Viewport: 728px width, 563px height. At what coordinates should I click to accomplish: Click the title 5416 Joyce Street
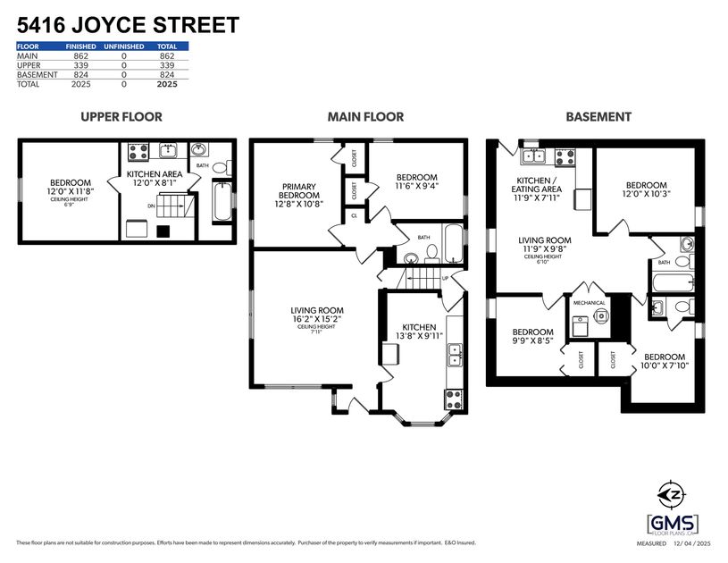128,24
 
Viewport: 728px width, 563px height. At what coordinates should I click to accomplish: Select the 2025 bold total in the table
166,84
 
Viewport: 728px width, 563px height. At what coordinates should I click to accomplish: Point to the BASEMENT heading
598,116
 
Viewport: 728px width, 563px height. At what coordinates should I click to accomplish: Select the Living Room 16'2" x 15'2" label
305,317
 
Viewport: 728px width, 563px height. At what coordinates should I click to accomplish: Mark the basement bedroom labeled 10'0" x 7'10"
665,361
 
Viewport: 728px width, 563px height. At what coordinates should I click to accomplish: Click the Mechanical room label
590,303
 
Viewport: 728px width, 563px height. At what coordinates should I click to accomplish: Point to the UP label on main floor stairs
444,278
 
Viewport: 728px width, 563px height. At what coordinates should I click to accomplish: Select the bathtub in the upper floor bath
222,201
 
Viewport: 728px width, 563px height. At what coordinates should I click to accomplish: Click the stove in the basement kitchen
565,156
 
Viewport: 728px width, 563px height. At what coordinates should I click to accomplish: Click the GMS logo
673,524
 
